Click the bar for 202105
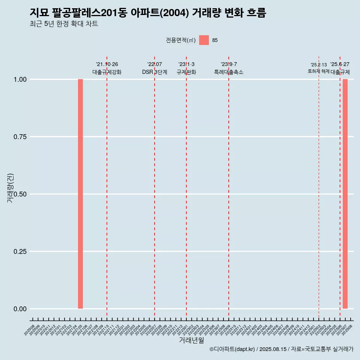coord(80,194)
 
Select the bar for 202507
coord(345,194)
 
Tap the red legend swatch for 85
coord(204,40)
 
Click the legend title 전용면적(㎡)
coord(181,40)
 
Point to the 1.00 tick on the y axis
coord(20,79)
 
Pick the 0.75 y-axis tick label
coord(20,137)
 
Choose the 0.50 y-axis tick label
coord(20,194)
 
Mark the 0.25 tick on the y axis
coord(20,252)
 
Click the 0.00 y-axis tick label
coord(20,309)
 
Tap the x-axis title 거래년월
coord(192,340)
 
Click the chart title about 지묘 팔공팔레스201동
coord(148,13)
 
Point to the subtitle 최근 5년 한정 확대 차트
coord(64,24)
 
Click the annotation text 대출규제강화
coord(107,72)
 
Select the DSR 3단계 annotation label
coord(154,72)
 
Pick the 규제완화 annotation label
coord(186,72)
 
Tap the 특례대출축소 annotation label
coord(229,72)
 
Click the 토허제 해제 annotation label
coord(318,71)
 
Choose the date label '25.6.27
coord(340,64)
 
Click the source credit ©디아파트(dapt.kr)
coord(232,349)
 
